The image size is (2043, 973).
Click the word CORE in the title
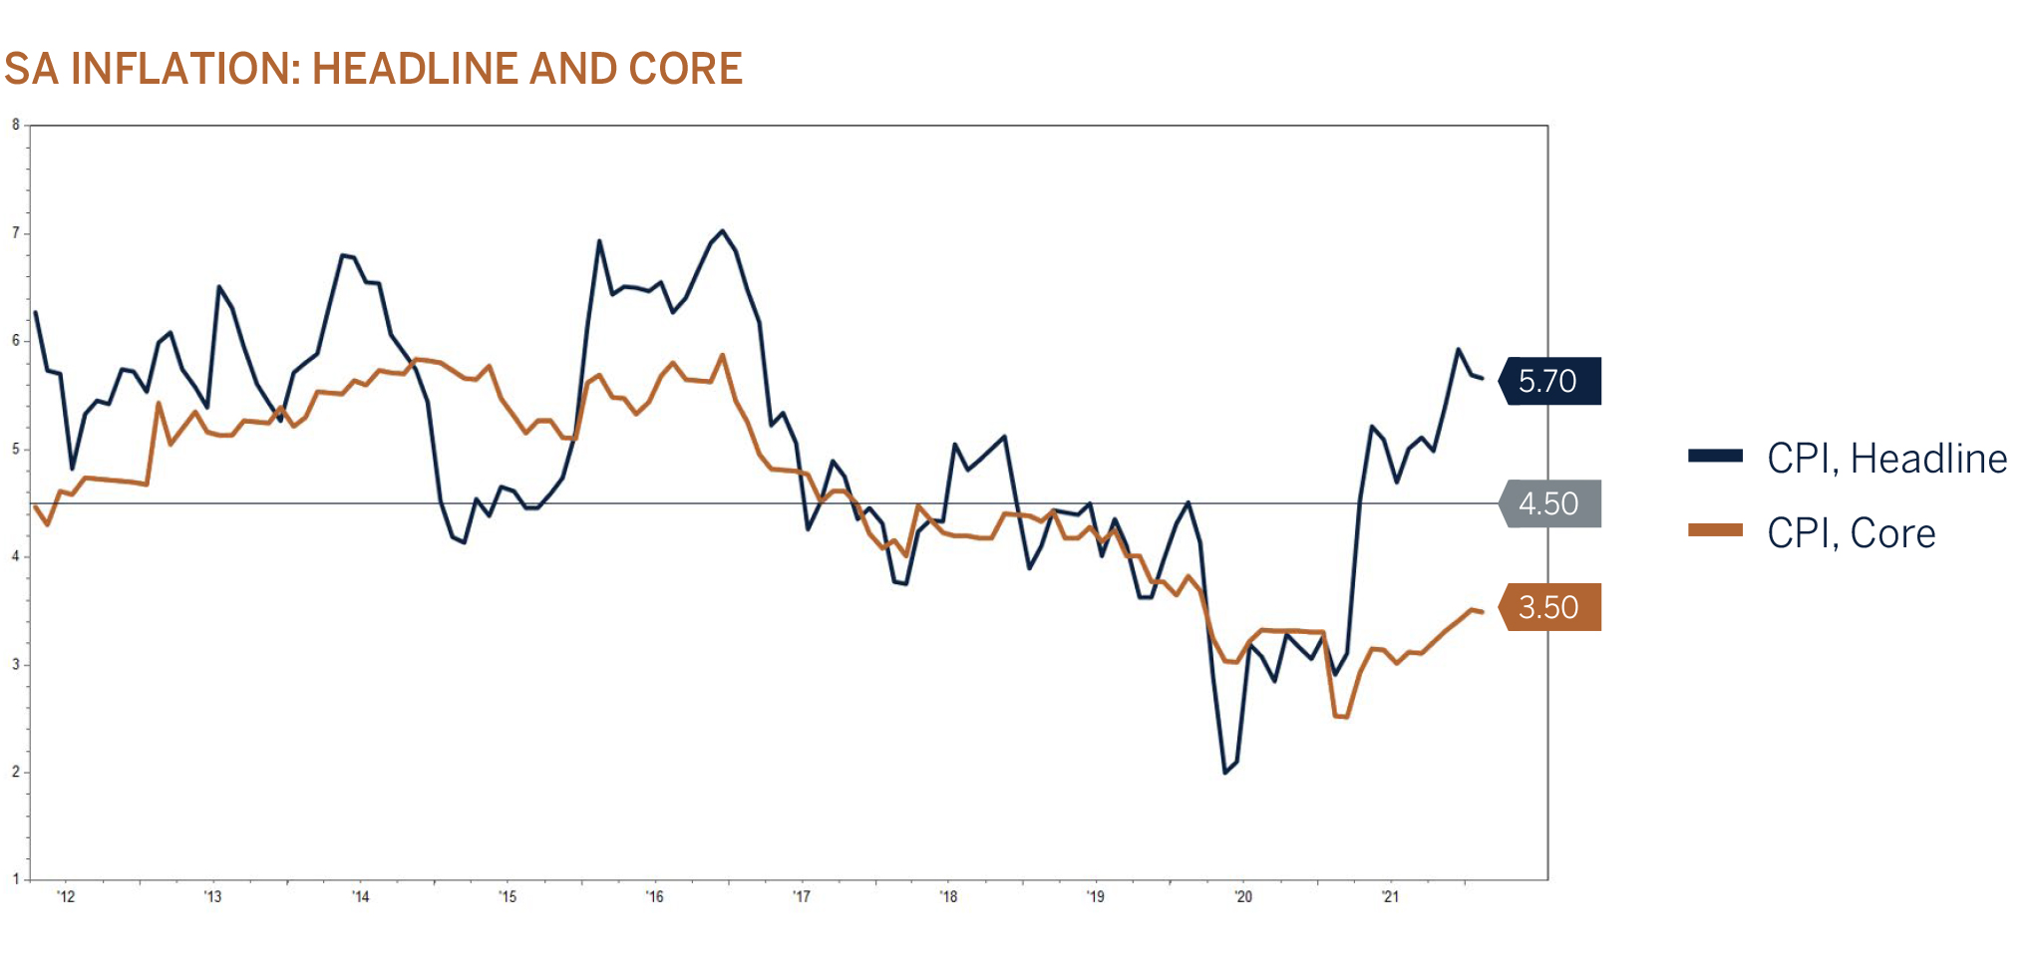click(685, 69)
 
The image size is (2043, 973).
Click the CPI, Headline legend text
click(1886, 459)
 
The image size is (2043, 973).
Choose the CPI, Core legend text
click(1851, 533)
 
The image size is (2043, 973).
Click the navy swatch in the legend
click(1715, 456)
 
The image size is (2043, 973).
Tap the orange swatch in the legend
click(1715, 530)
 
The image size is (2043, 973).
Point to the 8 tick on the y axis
click(16, 125)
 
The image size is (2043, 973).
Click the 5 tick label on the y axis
click(16, 449)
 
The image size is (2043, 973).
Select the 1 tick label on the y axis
click(16, 879)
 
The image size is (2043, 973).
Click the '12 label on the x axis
click(66, 897)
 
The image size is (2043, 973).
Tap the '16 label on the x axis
click(654, 897)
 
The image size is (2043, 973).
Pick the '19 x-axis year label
click(1096, 897)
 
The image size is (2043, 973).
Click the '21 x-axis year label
click(1390, 897)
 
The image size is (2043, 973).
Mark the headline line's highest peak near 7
click(723, 231)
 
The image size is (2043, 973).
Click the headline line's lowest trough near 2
click(1225, 773)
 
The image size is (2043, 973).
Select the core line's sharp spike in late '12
click(159, 403)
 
